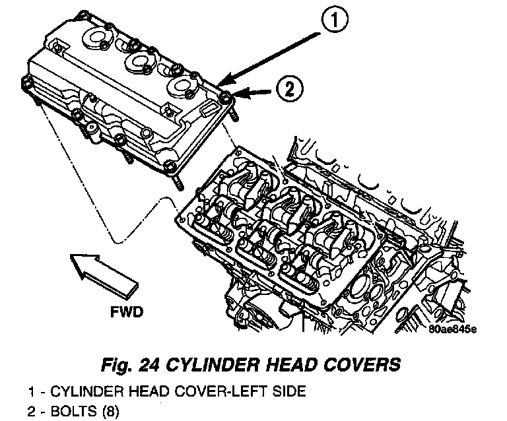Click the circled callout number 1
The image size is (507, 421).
click(x=335, y=22)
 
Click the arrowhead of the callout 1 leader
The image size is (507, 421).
click(x=220, y=84)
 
